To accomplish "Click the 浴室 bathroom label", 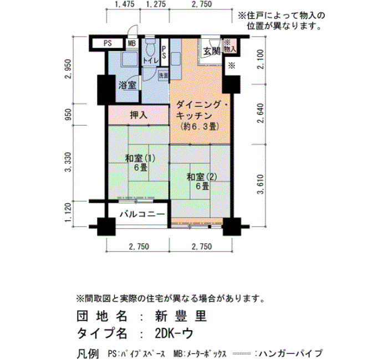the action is (x=127, y=85).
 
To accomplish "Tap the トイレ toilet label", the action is (x=150, y=60).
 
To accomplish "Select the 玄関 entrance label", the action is (x=212, y=52).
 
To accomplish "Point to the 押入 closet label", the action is (x=139, y=115).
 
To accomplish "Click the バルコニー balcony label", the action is (x=142, y=214).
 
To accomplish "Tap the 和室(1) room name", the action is (x=140, y=158).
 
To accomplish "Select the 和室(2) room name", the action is (x=202, y=177).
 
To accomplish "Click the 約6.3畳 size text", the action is (x=200, y=127).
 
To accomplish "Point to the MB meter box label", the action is (x=132, y=43).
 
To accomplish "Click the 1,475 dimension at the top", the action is (x=125, y=4).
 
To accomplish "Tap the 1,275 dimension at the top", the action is (x=156, y=4).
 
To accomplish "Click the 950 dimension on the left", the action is (x=68, y=114).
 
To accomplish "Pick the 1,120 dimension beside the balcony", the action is (x=68, y=213).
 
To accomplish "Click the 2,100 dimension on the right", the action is (x=261, y=59).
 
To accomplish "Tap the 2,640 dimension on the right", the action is (x=261, y=113).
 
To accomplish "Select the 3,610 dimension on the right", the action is (x=261, y=184).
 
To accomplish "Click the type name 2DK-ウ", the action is (x=174, y=333).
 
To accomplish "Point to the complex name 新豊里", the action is (x=181, y=316).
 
